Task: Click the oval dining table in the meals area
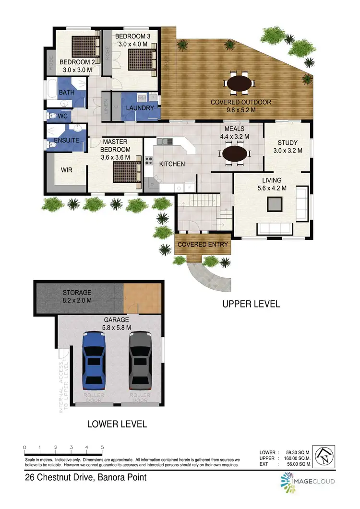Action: (x=235, y=155)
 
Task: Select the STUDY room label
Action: (x=288, y=142)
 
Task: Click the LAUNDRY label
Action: (x=139, y=108)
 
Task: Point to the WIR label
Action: (x=66, y=170)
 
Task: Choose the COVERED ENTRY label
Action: (x=203, y=245)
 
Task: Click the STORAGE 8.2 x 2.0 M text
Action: (x=77, y=296)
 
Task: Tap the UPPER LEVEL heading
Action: (x=251, y=304)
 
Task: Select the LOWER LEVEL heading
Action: (x=117, y=424)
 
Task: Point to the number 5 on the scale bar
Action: (x=102, y=447)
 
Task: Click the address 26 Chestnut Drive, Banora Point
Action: (x=85, y=477)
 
